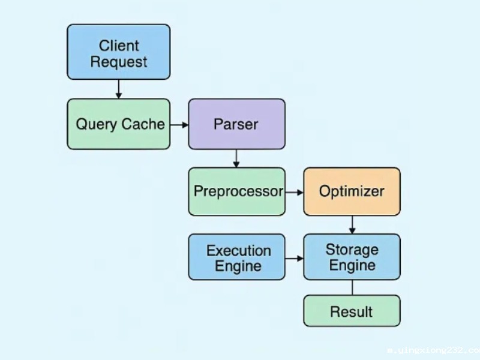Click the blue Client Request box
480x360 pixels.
pos(118,52)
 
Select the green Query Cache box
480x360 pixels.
pos(118,124)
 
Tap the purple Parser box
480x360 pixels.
pos(236,124)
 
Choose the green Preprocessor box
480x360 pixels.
pos(236,191)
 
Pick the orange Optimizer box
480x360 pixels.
pos(352,191)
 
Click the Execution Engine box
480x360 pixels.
pos(236,257)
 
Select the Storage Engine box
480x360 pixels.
pos(352,257)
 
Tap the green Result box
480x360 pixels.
pos(352,311)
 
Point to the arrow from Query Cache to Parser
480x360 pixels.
pos(179,125)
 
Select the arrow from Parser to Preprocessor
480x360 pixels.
pos(236,158)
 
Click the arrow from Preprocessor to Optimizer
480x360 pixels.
pos(294,192)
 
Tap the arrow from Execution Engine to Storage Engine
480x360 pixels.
pos(294,259)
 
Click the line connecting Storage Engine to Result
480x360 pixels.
pos(352,287)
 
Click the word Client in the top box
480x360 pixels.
pos(119,46)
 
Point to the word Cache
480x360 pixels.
pos(143,124)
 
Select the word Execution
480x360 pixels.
pos(239,250)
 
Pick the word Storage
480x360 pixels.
pos(352,249)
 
